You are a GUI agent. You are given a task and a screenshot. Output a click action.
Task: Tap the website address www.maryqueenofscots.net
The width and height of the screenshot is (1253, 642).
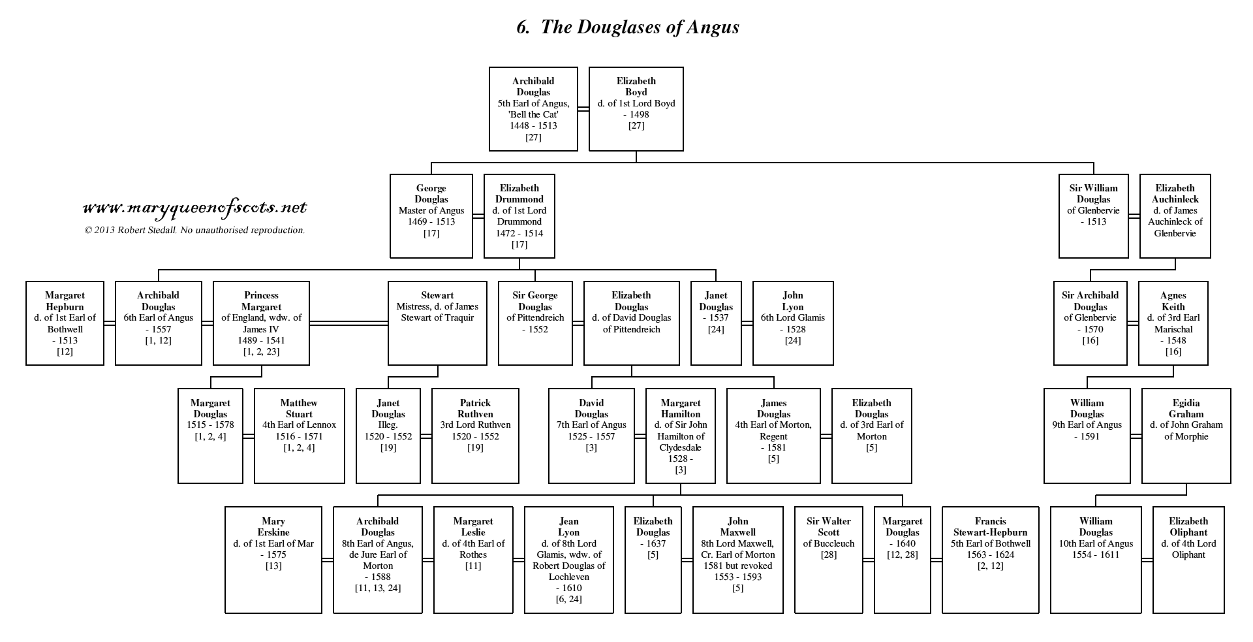(195, 208)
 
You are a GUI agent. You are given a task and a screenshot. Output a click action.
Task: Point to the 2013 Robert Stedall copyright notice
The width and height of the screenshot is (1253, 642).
(194, 230)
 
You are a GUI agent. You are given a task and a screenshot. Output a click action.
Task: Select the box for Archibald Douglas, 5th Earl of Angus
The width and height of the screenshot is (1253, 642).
(534, 109)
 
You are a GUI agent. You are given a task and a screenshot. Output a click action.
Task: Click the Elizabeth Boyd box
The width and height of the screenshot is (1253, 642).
(636, 109)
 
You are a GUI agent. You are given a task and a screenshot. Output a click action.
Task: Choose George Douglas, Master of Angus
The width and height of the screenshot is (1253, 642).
(431, 216)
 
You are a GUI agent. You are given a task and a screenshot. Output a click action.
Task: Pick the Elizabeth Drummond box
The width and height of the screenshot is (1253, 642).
(519, 216)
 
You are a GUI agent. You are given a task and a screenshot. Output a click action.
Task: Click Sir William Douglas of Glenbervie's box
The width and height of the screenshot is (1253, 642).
(1094, 216)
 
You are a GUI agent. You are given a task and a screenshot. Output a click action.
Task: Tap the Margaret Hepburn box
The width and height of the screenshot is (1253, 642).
(65, 323)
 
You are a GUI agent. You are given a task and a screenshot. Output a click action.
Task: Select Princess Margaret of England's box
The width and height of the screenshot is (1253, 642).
(261, 323)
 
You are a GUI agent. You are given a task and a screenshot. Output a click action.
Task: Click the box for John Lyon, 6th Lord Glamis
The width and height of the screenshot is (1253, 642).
(793, 323)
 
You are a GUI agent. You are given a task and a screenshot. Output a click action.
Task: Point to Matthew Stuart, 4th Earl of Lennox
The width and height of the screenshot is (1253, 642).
(299, 436)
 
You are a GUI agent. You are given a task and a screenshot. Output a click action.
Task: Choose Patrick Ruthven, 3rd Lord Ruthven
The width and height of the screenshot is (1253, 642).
(475, 436)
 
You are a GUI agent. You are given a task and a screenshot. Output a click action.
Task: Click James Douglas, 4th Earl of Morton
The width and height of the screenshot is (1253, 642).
(773, 436)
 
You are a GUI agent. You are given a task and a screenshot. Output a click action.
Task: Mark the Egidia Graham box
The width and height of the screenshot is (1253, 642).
(1186, 436)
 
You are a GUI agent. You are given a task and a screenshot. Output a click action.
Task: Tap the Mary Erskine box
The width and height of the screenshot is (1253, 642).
(273, 560)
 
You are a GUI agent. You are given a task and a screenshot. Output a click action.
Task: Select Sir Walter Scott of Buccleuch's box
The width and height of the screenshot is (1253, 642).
(829, 560)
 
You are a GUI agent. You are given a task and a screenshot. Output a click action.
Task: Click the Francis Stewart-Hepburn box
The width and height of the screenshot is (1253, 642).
(991, 560)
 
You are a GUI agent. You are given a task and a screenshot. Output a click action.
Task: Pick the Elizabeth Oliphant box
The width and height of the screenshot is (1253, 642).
(1188, 560)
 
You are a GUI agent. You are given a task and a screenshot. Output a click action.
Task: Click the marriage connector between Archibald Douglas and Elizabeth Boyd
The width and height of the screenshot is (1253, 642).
(583, 109)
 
